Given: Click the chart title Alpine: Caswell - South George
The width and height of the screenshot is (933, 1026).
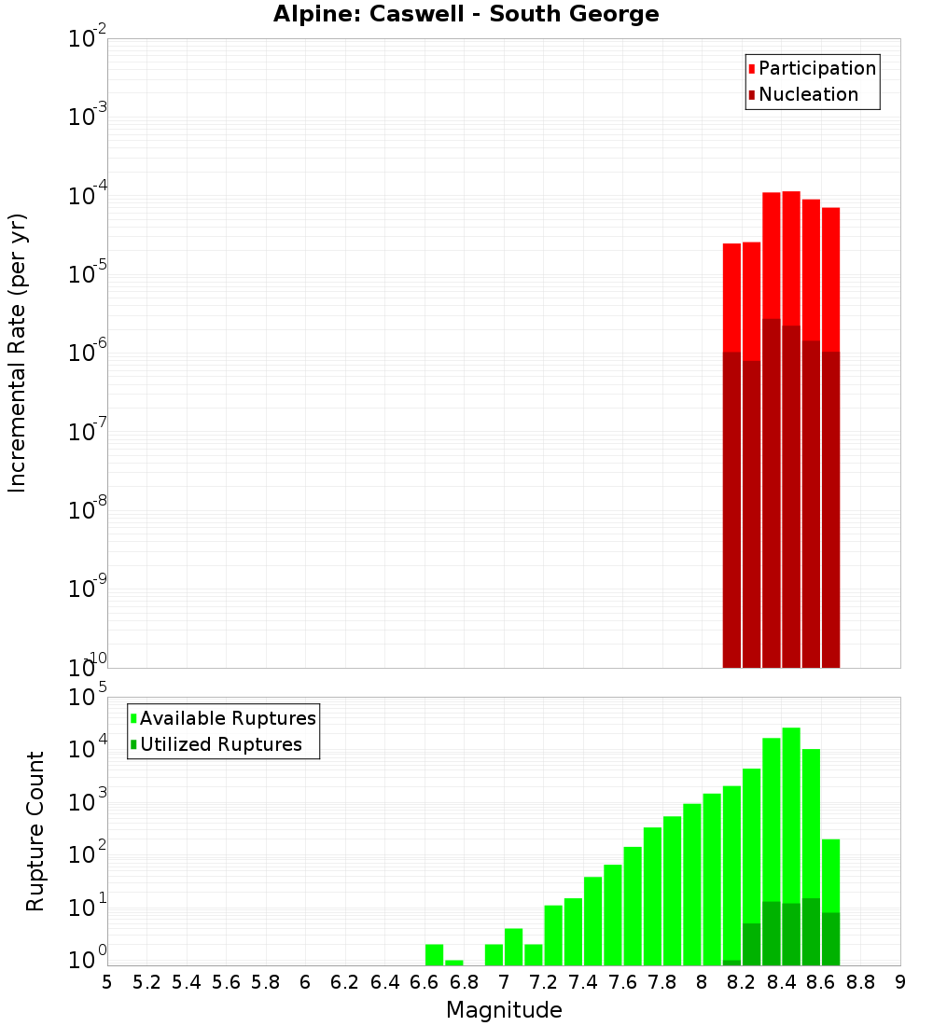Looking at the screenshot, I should pyautogui.click(x=466, y=15).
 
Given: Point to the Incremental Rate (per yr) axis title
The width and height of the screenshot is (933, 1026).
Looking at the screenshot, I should pyautogui.click(x=18, y=354).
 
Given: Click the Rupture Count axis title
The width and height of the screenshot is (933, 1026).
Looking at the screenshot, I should pyautogui.click(x=35, y=831).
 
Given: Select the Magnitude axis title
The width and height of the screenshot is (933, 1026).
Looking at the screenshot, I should pyautogui.click(x=504, y=1010).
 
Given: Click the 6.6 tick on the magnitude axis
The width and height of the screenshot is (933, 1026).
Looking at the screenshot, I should pyautogui.click(x=425, y=982).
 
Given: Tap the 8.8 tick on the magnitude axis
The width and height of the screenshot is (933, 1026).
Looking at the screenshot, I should pyautogui.click(x=860, y=982).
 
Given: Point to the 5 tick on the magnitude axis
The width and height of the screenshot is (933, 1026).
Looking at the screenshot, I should pyautogui.click(x=107, y=982).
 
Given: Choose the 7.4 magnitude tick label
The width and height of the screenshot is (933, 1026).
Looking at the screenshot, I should pyautogui.click(x=583, y=982).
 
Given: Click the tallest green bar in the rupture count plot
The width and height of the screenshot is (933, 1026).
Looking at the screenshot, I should pyautogui.click(x=791, y=839).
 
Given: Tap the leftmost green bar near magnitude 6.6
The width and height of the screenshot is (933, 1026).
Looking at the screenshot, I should pyautogui.click(x=434, y=955).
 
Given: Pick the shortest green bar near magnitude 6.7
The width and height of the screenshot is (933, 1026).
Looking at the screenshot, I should pyautogui.click(x=454, y=963).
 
